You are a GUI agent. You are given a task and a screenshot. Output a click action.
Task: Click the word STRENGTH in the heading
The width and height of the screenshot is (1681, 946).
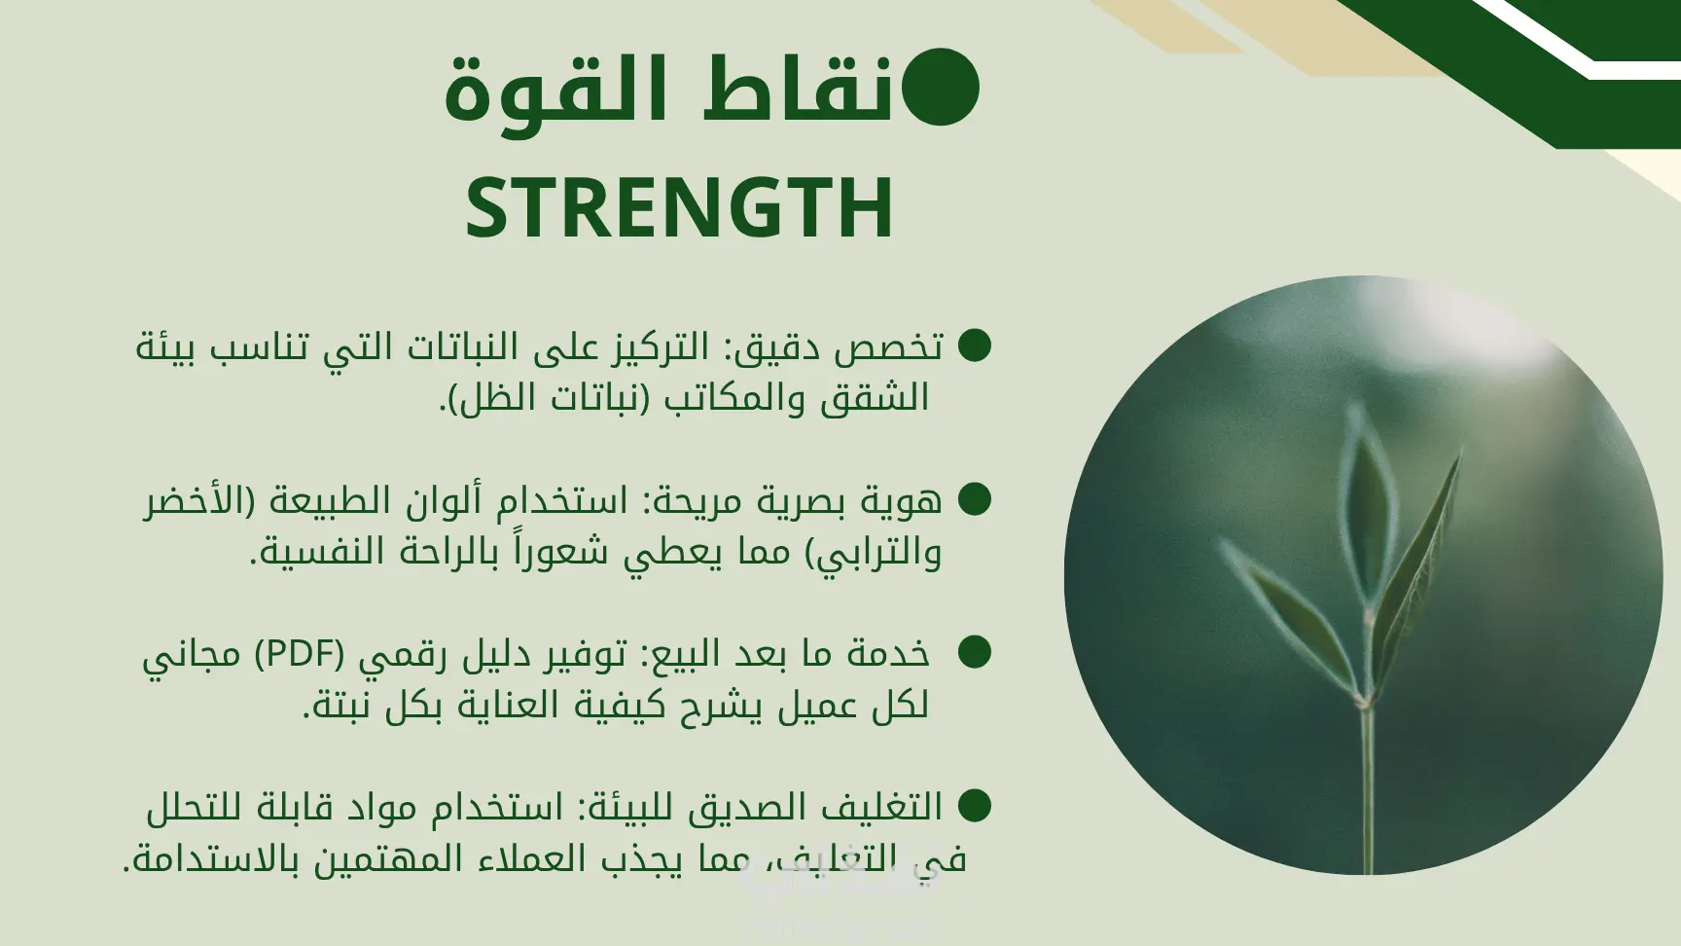pyautogui.click(x=679, y=207)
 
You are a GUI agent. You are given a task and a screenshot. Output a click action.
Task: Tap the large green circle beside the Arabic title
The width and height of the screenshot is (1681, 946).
pyautogui.click(x=940, y=88)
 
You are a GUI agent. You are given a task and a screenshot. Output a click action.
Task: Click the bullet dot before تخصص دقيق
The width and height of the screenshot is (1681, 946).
pyautogui.click(x=974, y=346)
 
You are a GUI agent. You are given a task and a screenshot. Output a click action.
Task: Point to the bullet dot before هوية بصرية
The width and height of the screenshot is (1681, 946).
pyautogui.click(x=974, y=499)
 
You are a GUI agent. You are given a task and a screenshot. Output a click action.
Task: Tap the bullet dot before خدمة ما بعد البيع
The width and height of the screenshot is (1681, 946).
pyautogui.click(x=974, y=652)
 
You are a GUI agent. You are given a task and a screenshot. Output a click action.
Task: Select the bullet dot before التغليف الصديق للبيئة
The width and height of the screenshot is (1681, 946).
pyautogui.click(x=974, y=805)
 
